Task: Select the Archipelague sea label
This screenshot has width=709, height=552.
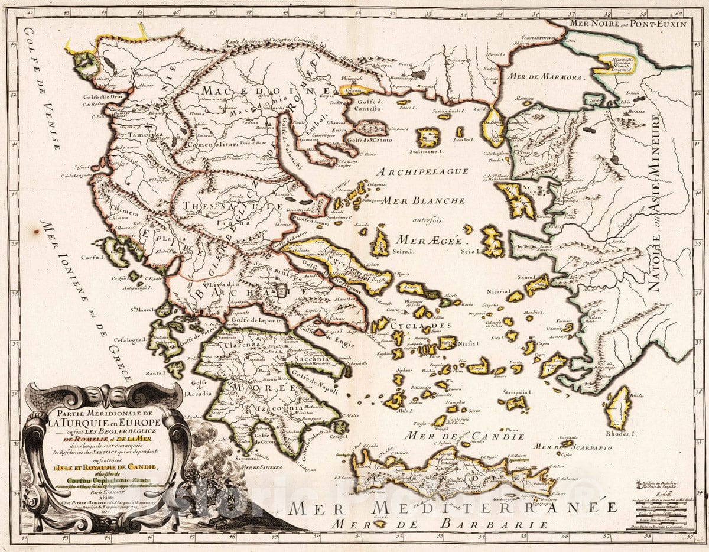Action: pos(417,171)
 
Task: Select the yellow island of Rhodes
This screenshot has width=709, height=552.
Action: pos(619,407)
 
